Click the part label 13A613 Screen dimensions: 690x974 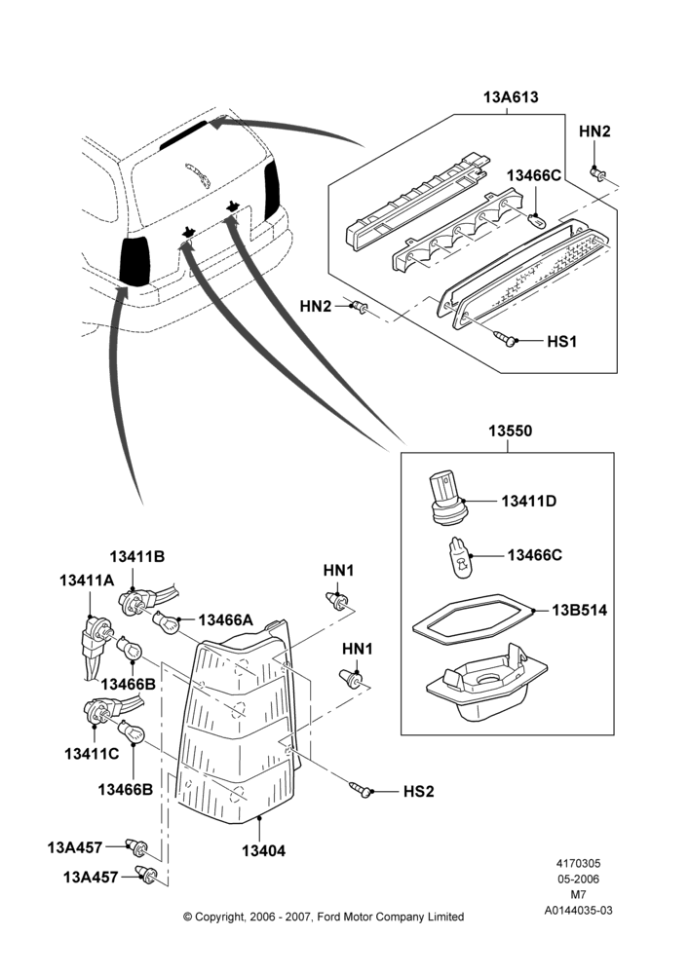click(511, 97)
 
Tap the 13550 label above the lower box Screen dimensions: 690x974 click(510, 431)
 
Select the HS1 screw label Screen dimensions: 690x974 click(562, 341)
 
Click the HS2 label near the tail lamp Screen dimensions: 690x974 click(419, 791)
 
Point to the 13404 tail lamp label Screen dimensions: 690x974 click(263, 850)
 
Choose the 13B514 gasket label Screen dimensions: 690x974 click(579, 610)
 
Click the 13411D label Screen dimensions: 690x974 click(529, 501)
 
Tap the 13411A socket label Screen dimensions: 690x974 click(87, 581)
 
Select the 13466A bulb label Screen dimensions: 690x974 click(226, 619)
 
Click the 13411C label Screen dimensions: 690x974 click(92, 754)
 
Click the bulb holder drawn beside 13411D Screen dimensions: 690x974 click(446, 499)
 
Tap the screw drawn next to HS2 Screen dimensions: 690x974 click(362, 789)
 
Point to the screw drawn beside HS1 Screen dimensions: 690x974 click(505, 339)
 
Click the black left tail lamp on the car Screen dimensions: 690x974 click(135, 261)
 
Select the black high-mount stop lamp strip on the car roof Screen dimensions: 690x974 click(183, 134)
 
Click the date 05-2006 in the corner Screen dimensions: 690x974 click(578, 879)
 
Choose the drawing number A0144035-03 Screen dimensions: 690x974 click(578, 910)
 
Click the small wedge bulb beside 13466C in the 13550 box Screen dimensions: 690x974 click(460, 557)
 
